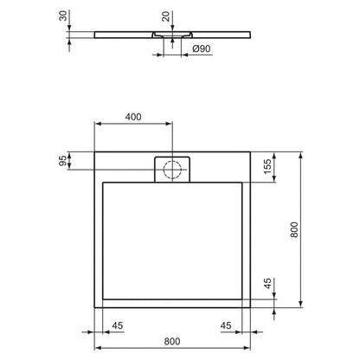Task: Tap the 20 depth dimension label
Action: [164, 17]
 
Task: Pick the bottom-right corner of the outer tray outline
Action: [254, 309]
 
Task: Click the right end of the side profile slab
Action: [254, 35]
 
